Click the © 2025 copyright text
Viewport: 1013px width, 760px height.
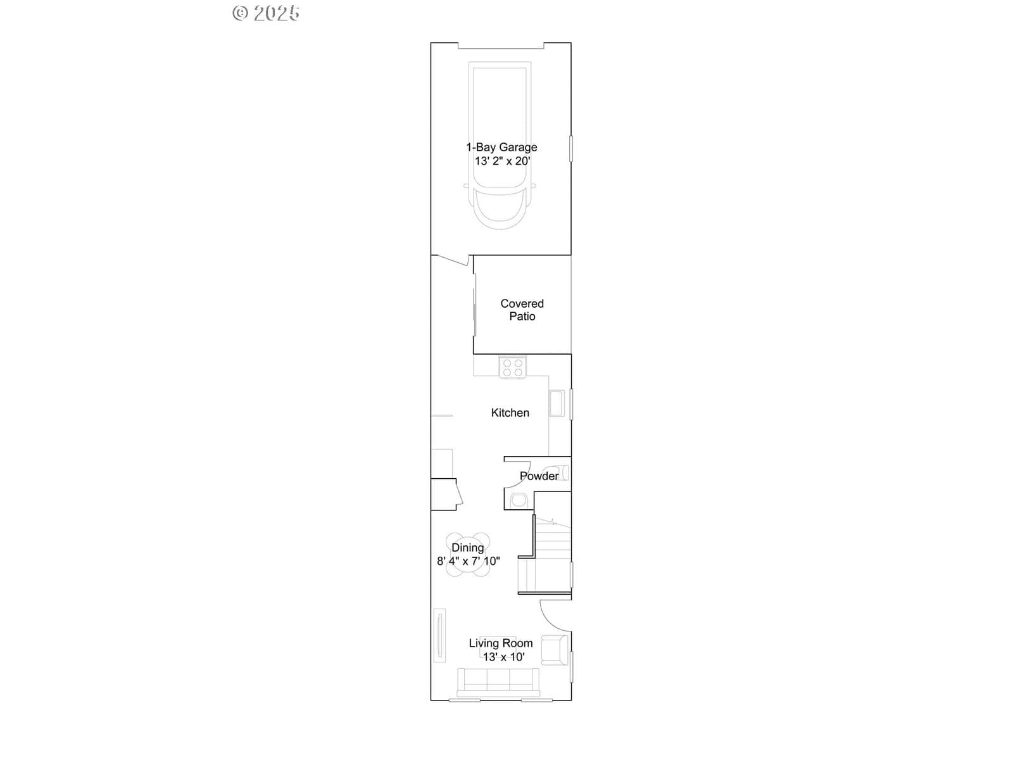pos(266,13)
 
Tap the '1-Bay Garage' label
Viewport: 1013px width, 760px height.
pos(501,148)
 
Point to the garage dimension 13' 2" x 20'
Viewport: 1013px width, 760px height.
pos(503,161)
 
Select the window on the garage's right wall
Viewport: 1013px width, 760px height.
pos(571,149)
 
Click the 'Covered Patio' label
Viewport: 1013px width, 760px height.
pos(522,310)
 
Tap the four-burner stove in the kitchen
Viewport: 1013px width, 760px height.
pos(513,367)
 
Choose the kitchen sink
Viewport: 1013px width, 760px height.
pos(557,403)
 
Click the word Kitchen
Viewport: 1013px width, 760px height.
pos(510,412)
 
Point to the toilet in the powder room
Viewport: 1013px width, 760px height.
pos(558,473)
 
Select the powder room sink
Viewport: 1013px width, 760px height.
pos(519,500)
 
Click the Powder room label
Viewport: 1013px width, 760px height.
pos(539,476)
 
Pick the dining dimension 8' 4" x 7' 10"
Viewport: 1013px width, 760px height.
pos(469,561)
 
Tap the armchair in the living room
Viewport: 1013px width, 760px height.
pos(554,650)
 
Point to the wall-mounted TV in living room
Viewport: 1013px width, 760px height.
pos(440,635)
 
